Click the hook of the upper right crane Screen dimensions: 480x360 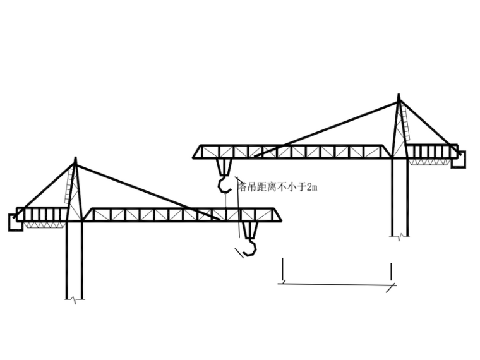click(224, 184)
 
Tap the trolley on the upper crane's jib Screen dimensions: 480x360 click(224, 166)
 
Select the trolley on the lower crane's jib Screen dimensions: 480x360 click(248, 229)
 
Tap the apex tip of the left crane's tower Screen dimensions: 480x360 click(75, 159)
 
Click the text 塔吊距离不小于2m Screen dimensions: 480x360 click(277, 187)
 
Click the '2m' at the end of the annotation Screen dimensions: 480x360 click(311, 187)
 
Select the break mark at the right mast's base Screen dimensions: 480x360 click(399, 236)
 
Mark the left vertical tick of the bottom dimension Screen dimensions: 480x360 click(282, 270)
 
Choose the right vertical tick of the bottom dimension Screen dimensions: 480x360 click(391, 272)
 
